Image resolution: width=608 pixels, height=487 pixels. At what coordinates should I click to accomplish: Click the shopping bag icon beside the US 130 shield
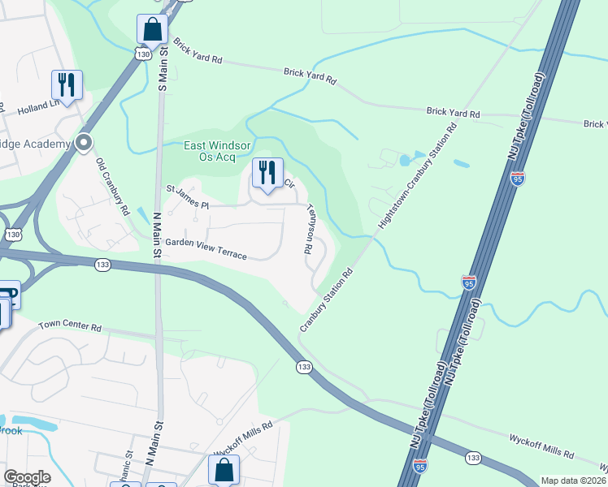coord(152,29)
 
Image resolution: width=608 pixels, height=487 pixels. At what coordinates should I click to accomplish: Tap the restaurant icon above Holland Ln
coord(67,84)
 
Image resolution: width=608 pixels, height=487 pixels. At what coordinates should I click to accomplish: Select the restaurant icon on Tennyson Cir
coord(267,172)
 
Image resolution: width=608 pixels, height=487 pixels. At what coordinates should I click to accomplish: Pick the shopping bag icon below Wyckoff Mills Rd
coord(224,470)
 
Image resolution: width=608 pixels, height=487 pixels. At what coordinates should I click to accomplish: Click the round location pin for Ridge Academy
coord(84,143)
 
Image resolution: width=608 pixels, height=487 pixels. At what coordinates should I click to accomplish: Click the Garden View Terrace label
coord(206,248)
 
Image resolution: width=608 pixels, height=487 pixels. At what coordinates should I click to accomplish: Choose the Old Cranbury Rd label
coord(114,186)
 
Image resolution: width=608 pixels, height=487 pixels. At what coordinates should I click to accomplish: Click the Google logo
coord(27,476)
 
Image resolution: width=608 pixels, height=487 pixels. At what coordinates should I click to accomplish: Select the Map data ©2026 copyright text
coord(574,481)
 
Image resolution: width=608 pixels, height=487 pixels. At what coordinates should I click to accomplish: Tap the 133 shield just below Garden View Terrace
coord(102,265)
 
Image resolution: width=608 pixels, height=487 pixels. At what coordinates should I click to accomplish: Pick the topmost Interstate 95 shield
coord(519,178)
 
